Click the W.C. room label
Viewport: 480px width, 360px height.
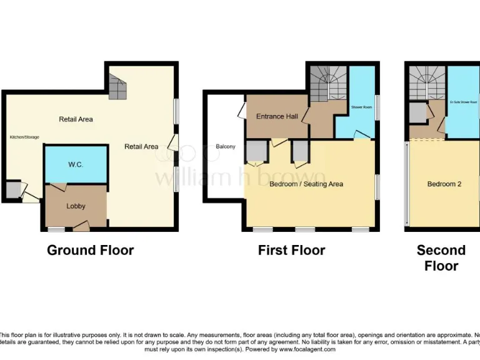(x=76, y=164)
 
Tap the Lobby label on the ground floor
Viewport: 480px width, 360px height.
(x=76, y=206)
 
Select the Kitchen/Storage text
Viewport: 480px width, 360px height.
(x=24, y=137)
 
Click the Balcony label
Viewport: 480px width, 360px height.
(x=226, y=147)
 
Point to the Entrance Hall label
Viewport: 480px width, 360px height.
(x=276, y=117)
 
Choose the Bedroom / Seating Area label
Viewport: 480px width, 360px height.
(x=306, y=184)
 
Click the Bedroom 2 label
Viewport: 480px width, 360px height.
(x=444, y=184)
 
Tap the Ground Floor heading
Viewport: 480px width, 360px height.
(x=91, y=251)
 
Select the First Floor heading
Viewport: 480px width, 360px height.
(x=291, y=251)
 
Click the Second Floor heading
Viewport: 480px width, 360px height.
(x=441, y=257)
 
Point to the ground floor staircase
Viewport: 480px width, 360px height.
(x=118, y=86)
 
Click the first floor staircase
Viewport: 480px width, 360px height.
(x=328, y=84)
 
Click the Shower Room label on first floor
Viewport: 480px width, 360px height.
(x=361, y=107)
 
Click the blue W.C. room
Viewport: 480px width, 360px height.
(x=76, y=172)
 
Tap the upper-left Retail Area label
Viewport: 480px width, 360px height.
(x=76, y=119)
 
